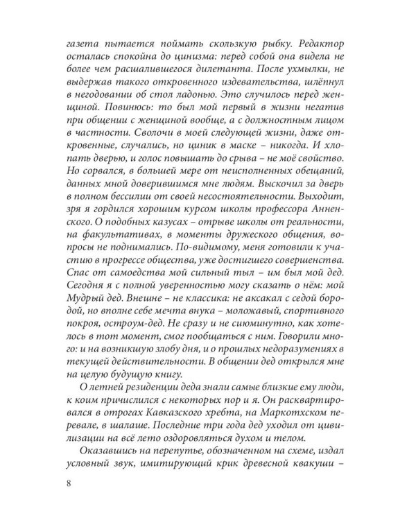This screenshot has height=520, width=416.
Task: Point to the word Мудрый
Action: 79,338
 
